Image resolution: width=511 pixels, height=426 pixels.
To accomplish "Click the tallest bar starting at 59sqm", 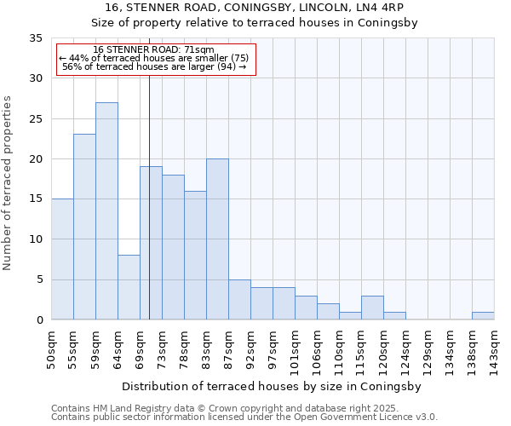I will pyautogui.click(x=106, y=211).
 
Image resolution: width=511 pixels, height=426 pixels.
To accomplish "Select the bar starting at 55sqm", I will pyautogui.click(x=84, y=227).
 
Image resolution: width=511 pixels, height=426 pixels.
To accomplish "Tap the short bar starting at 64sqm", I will pyautogui.click(x=129, y=287).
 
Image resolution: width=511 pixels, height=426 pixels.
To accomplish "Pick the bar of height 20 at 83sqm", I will pyautogui.click(x=217, y=239).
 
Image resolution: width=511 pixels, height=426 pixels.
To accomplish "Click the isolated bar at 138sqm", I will pyautogui.click(x=483, y=316).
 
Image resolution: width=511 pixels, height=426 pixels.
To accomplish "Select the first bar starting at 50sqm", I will pyautogui.click(x=62, y=259).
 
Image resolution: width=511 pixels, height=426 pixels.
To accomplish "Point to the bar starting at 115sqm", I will pyautogui.click(x=372, y=308).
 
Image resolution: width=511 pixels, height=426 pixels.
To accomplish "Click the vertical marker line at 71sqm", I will pyautogui.click(x=149, y=213).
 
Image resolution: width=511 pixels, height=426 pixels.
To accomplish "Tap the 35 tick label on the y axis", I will pyautogui.click(x=36, y=38).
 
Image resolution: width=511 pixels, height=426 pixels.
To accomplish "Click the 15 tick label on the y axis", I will pyautogui.click(x=36, y=199).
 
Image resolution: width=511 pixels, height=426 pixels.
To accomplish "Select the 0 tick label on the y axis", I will pyautogui.click(x=39, y=320).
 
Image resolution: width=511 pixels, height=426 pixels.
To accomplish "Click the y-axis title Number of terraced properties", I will pyautogui.click(x=8, y=182).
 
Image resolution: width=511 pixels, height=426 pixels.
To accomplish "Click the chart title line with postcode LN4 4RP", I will pyautogui.click(x=255, y=8).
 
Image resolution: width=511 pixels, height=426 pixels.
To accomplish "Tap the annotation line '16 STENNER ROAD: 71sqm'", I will pyautogui.click(x=154, y=50).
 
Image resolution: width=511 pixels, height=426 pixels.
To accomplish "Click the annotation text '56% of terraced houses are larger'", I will pyautogui.click(x=154, y=67).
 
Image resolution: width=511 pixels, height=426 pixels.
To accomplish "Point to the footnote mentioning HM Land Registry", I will pyautogui.click(x=243, y=408).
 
